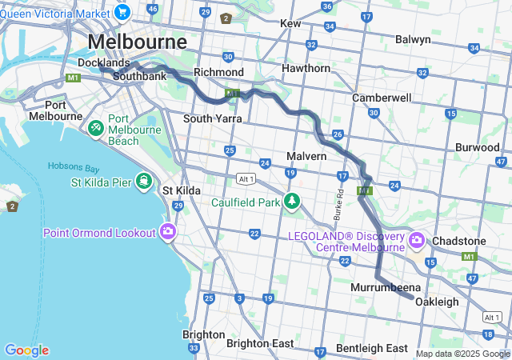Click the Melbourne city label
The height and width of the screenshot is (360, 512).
[137, 41]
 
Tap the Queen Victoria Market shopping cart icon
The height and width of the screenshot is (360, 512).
[122, 11]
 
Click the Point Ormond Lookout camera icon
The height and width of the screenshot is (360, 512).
[168, 232]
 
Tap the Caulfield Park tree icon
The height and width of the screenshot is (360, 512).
[293, 201]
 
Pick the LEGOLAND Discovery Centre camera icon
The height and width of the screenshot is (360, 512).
[416, 239]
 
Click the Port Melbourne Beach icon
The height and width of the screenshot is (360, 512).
[95, 127]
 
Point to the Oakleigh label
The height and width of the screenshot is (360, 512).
[437, 302]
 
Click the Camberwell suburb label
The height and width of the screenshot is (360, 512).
[382, 98]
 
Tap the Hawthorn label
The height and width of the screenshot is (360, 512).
[306, 68]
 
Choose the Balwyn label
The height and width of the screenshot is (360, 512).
[413, 39]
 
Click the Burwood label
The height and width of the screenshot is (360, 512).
[478, 147]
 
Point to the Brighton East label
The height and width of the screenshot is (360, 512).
[260, 343]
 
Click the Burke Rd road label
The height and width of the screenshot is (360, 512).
[338, 205]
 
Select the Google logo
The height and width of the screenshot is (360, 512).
[26, 350]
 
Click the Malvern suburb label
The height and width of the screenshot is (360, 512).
[306, 156]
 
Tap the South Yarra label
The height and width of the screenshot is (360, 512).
[212, 118]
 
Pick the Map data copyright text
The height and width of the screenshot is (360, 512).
[462, 353]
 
